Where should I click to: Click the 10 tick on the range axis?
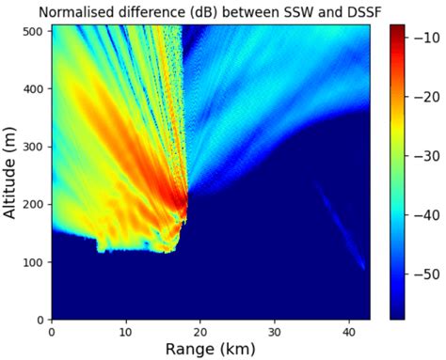[125, 331]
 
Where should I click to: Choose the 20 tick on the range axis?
[199, 331]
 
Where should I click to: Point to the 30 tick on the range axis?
[274, 331]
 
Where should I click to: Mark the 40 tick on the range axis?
[348, 331]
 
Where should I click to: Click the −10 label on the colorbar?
[426, 39]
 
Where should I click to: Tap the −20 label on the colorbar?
[426, 98]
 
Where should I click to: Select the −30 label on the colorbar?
[426, 157]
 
